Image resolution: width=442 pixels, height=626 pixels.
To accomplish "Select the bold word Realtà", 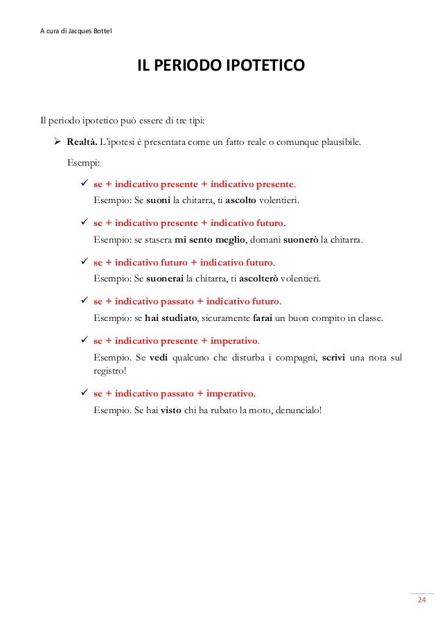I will click(82, 143).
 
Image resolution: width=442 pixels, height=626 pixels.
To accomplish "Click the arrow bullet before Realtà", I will click(58, 143).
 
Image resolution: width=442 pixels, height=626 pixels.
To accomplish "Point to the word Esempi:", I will click(83, 164).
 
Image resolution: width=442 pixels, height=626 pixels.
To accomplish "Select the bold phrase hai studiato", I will click(171, 318).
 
